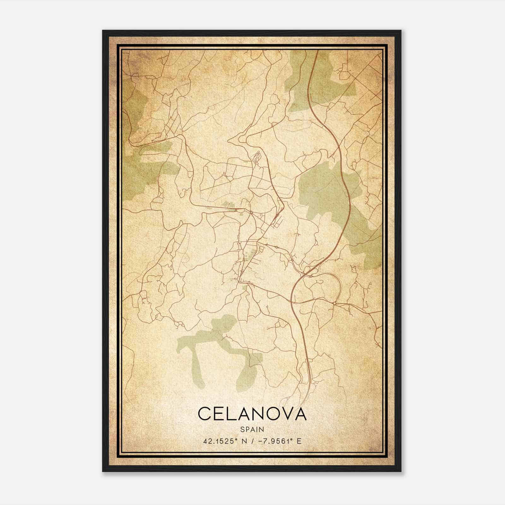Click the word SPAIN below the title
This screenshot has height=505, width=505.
[x=252, y=429]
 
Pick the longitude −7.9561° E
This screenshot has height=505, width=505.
[x=279, y=441]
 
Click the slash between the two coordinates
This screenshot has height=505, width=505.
[x=251, y=441]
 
